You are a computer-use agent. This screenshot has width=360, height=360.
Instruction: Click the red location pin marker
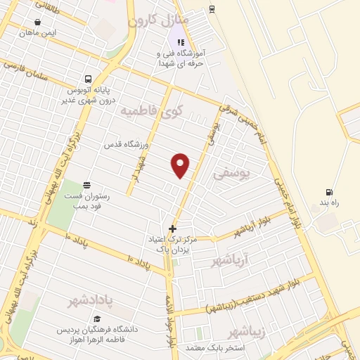181,165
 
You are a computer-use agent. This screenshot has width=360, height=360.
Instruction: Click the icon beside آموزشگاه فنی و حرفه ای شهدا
181,43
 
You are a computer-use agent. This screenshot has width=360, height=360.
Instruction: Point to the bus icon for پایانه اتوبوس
88,79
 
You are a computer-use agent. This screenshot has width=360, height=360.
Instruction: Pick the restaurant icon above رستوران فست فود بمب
87,185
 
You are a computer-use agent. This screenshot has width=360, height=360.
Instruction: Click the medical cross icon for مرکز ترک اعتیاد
172,229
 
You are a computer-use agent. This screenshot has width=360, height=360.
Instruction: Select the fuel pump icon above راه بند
328,192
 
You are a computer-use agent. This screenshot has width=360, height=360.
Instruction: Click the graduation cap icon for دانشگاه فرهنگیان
96,319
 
